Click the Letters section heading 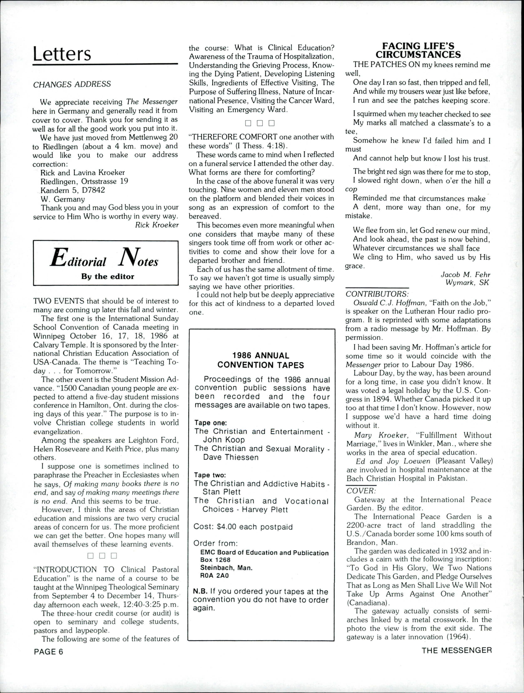click(x=62, y=54)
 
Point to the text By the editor click(x=107, y=276)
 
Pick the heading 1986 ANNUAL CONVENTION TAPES click(x=260, y=360)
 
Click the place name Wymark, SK click(x=467, y=283)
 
